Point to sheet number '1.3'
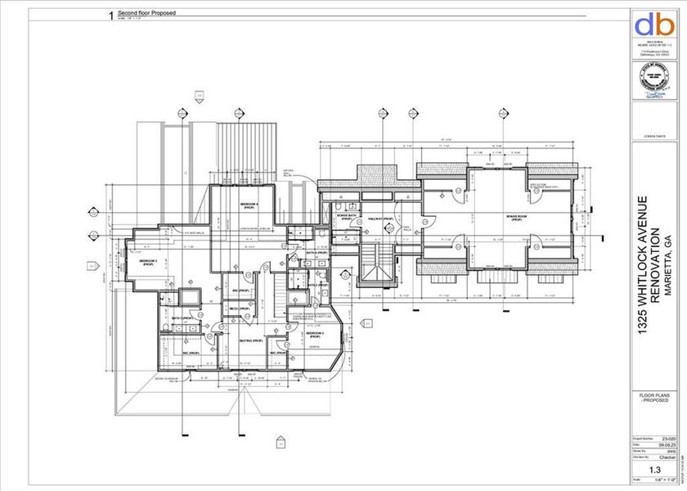(654, 471)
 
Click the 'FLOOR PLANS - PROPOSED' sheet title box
(654, 399)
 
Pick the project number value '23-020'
(668, 438)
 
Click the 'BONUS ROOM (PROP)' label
(514, 218)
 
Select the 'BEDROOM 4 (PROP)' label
(249, 205)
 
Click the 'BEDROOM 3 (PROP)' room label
(316, 335)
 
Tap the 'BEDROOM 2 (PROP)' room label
(148, 263)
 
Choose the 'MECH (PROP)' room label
(232, 309)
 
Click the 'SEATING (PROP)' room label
(250, 340)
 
